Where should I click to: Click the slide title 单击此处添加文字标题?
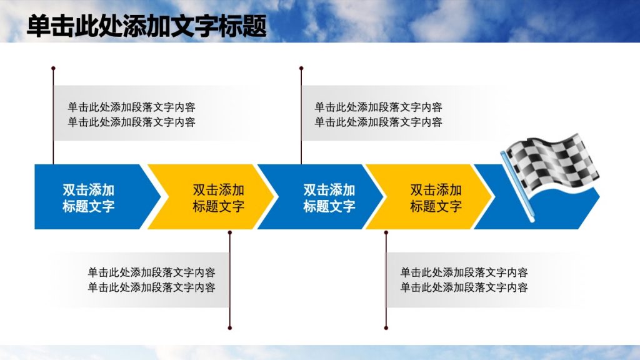coord(146,26)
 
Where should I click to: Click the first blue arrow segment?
coord(87,197)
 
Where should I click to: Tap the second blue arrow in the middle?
coord(325,197)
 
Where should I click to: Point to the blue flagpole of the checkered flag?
coord(518,187)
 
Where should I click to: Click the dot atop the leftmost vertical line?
coord(53,67)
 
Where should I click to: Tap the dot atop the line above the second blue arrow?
coord(301,67)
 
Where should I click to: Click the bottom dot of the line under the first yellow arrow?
coord(230,327)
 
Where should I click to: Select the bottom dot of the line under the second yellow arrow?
coord(386,327)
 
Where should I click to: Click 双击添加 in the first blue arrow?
coord(88,190)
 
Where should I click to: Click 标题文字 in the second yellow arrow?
coord(436,206)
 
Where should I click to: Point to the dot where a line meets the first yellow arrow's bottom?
coord(230,232)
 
